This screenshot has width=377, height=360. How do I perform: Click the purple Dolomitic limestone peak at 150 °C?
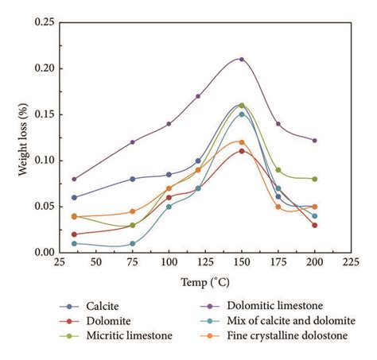[x=241, y=59]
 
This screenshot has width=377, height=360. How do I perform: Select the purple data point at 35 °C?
[x=74, y=179]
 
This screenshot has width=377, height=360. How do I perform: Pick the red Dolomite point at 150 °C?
[x=241, y=151]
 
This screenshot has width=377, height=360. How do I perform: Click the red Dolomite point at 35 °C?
[x=74, y=234]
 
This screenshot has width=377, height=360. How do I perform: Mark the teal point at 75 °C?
[x=133, y=243]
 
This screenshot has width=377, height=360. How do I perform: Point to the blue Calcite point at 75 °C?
[x=133, y=179]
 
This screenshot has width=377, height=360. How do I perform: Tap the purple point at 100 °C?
[x=169, y=124]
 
